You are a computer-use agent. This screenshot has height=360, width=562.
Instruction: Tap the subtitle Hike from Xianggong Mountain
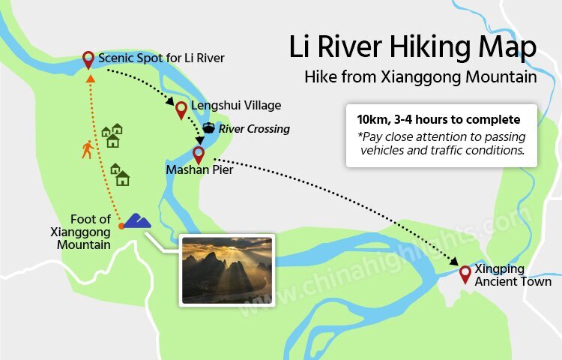pos(420,76)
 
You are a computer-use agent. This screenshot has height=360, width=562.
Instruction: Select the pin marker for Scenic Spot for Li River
pos(88,58)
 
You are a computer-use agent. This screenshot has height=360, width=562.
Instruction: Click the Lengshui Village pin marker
pos(181,109)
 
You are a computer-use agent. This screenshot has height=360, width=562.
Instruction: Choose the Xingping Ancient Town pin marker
pos(465,273)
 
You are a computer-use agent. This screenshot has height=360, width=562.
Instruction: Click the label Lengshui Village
pos(236,106)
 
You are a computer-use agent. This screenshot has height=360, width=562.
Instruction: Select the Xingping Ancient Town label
pos(513,275)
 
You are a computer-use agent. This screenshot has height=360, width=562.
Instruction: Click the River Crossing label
pos(254,129)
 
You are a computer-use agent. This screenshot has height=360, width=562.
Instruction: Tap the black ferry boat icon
pos(208,127)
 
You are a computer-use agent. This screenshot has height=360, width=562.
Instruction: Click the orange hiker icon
pos(88,149)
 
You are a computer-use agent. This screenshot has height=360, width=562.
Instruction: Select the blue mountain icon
pos(137,220)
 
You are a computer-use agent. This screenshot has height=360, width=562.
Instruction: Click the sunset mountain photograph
pos(227,269)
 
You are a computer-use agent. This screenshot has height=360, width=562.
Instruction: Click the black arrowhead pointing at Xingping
pos(455,261)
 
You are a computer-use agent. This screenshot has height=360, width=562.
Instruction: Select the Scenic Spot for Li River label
pos(161,58)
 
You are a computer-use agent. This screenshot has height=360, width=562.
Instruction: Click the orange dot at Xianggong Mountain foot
pos(121,225)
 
